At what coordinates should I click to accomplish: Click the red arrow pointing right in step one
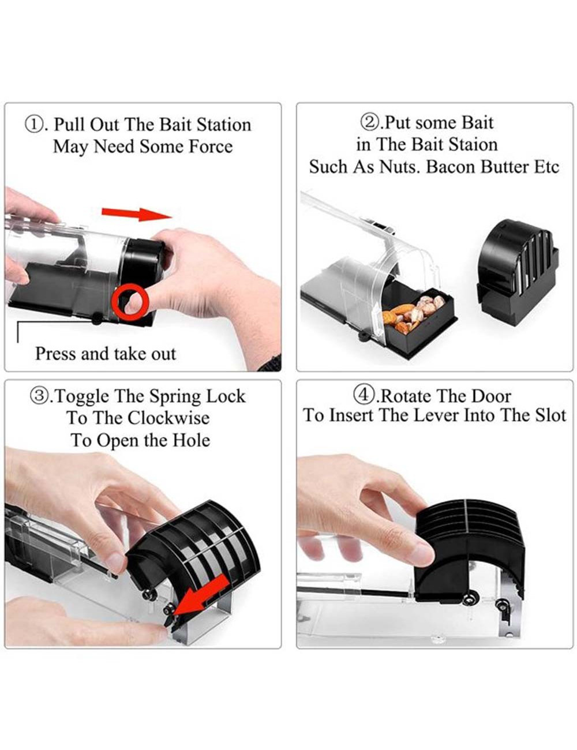click(x=136, y=214)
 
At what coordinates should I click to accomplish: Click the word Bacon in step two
click(x=451, y=167)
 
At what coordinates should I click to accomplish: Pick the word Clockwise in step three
click(x=168, y=418)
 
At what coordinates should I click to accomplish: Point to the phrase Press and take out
click(x=106, y=354)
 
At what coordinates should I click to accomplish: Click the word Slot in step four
click(x=551, y=415)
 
